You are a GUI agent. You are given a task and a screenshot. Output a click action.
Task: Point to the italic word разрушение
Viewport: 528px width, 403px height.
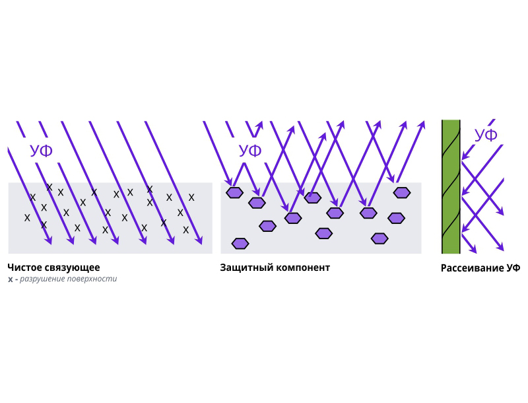coord(42,279)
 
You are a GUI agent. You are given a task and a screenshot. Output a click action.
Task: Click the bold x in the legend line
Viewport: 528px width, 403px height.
coord(10,279)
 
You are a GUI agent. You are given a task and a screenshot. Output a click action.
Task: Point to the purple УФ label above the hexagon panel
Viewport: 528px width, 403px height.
coord(250,151)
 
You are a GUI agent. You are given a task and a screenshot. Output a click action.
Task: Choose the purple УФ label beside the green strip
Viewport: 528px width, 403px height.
coord(486,136)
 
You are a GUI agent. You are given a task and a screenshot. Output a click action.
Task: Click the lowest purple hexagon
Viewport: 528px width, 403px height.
coord(240,244)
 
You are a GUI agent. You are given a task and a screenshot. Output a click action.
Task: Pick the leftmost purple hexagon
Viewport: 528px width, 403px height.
coord(235,193)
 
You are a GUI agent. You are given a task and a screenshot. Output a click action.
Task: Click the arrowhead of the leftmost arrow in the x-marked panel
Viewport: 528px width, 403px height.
coord(48,241)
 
